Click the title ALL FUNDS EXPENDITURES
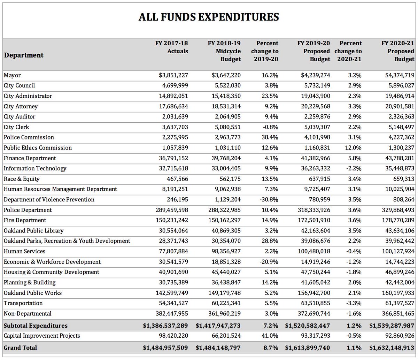coord(209,17)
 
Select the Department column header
coord(24,55)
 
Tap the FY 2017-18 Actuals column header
coord(171,47)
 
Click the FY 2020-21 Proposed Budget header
coord(398,51)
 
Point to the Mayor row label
coord(12,75)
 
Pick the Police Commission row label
coord(29,137)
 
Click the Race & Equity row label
coord(22,179)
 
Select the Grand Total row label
coord(20,347)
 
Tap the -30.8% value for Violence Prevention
coord(269,200)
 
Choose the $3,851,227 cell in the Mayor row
coord(172,75)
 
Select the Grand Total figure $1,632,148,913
coord(392,347)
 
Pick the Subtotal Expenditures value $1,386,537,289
coord(165,326)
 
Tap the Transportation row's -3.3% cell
coord(353,303)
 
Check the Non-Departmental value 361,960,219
coord(222,314)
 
